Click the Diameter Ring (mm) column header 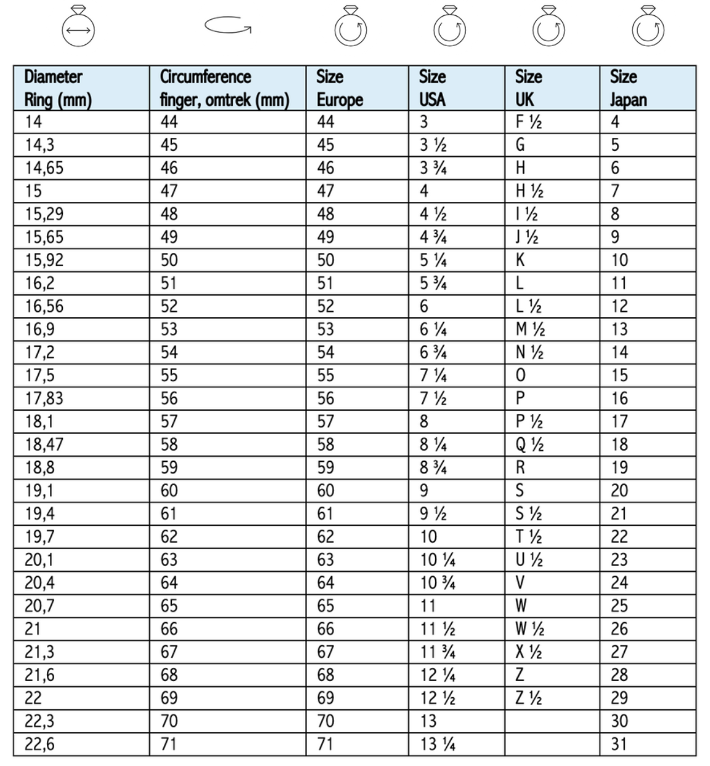(x=81, y=88)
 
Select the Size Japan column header (x=647, y=88)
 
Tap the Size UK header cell (x=552, y=88)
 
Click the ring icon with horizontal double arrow (x=78, y=28)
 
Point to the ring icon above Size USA (x=449, y=28)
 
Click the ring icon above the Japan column (x=647, y=28)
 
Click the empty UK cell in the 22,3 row (x=552, y=721)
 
